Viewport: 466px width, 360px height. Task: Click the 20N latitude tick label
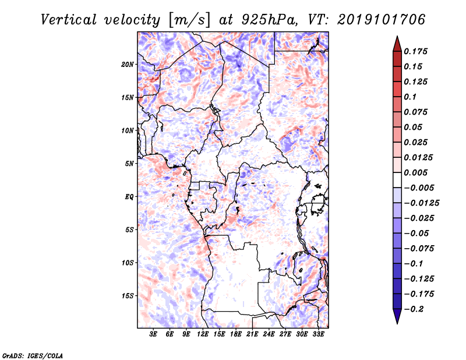point(128,64)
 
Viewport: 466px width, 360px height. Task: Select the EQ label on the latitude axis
point(129,197)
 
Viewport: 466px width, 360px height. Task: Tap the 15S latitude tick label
point(128,296)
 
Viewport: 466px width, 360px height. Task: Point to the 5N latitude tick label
point(129,164)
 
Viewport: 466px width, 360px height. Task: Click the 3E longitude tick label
point(153,334)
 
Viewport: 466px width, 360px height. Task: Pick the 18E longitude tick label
point(236,334)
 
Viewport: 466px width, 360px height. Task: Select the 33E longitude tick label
point(318,334)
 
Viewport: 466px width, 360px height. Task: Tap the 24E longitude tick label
point(269,334)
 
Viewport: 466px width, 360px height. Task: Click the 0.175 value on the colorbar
point(416,51)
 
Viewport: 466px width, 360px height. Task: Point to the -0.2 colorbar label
point(414,309)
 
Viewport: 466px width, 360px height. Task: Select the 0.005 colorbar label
point(416,172)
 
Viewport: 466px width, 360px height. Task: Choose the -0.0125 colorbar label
point(422,203)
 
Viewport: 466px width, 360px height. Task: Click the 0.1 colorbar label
point(410,97)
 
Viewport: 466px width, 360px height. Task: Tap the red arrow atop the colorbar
point(397,44)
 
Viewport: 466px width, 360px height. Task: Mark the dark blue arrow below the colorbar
point(397,316)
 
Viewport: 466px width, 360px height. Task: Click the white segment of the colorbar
point(397,180)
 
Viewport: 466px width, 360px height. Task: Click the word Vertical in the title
point(69,20)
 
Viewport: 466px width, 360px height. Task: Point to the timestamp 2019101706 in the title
point(382,20)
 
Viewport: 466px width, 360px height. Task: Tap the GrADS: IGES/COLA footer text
point(33,355)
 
